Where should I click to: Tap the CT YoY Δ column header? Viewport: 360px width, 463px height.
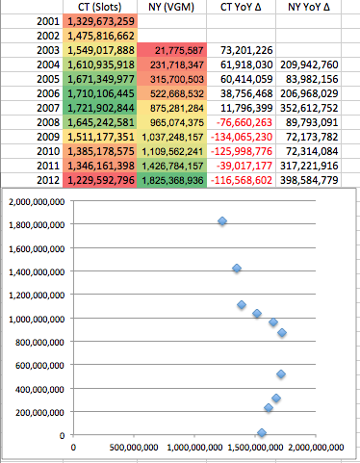[x=242, y=7]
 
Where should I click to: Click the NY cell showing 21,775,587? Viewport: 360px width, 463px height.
[x=173, y=50]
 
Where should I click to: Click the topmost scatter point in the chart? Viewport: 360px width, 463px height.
[x=222, y=221]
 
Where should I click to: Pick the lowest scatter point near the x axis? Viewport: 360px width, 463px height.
[x=261, y=433]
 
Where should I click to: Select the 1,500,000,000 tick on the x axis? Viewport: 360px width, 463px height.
[x=255, y=448]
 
